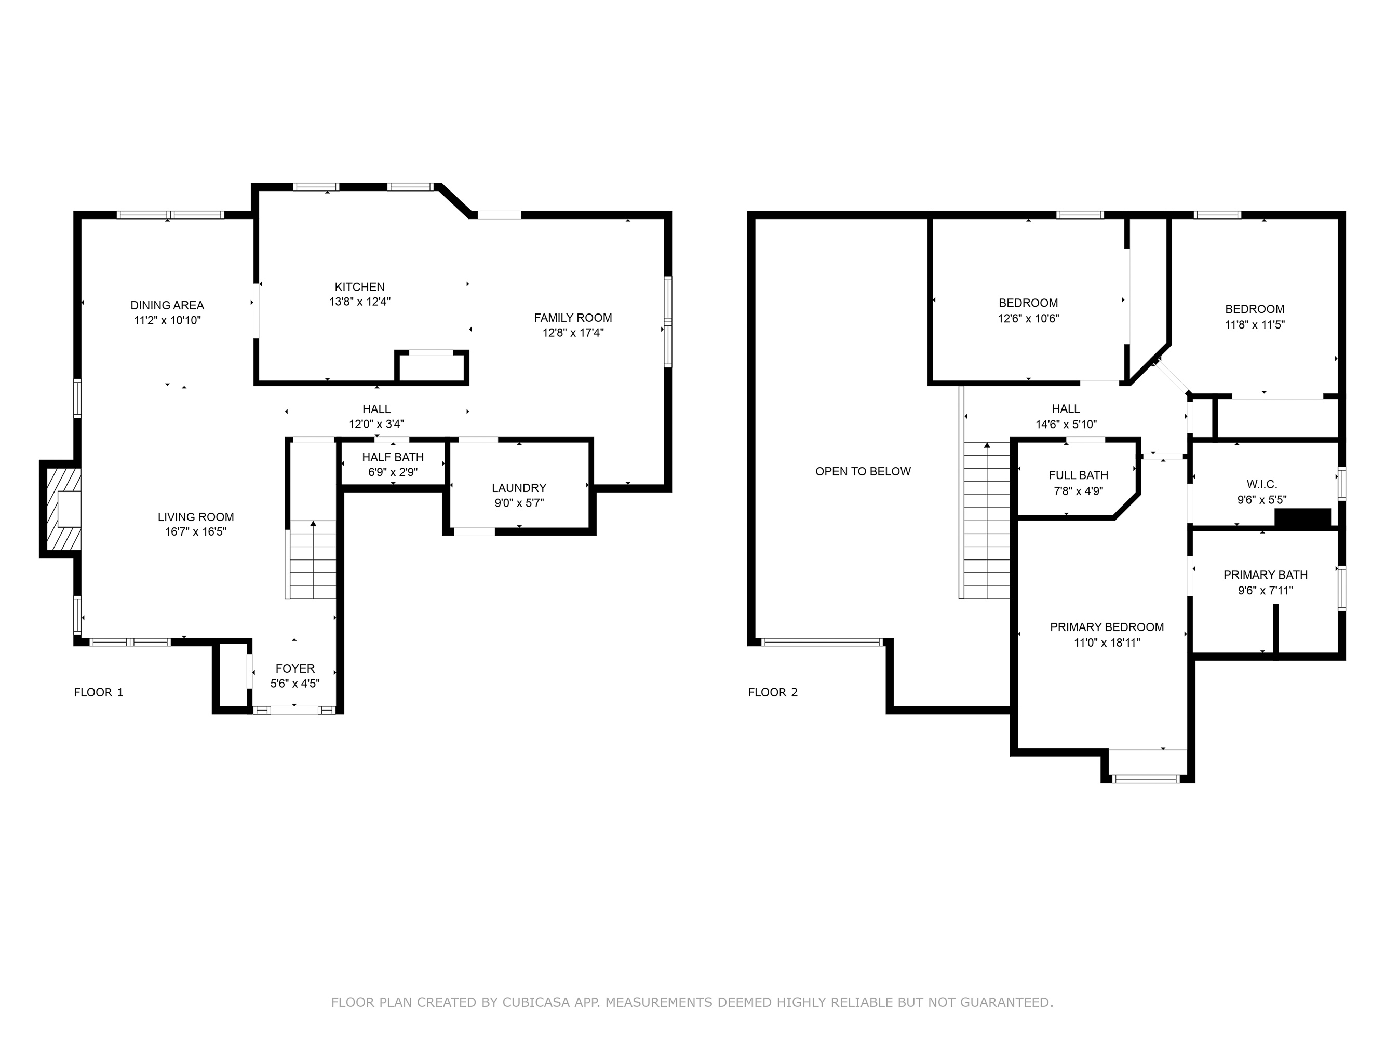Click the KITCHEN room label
[x=359, y=287]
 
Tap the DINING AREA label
[x=167, y=305]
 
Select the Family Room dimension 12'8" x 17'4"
[x=573, y=333]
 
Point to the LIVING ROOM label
[x=196, y=517]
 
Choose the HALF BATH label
[x=393, y=457]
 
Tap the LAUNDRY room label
[x=519, y=488]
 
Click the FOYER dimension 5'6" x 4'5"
[x=295, y=684]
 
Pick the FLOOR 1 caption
[x=99, y=693]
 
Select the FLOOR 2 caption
[x=773, y=693]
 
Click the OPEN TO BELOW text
[x=863, y=472]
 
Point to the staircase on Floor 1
[x=313, y=560]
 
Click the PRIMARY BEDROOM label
[x=1107, y=627]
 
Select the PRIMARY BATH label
[x=1266, y=575]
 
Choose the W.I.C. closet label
[x=1261, y=484]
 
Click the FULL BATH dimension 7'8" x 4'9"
[x=1078, y=491]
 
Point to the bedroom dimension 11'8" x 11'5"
[x=1255, y=325]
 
